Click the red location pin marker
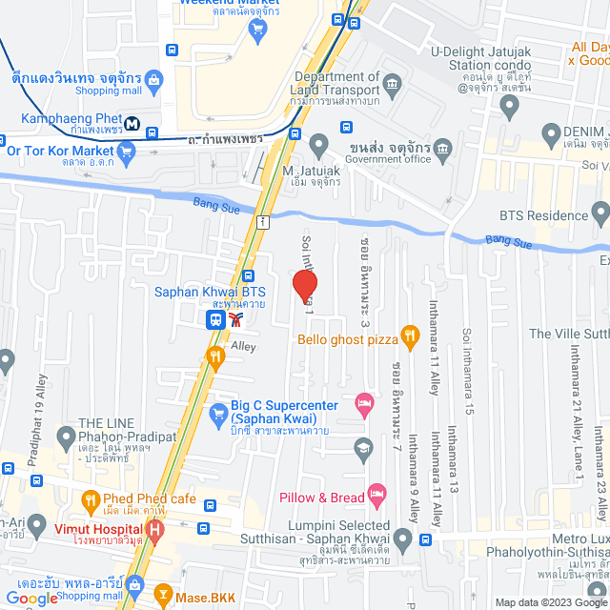point(304,286)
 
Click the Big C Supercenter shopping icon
point(217,415)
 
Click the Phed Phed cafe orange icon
point(91,498)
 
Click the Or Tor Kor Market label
point(59,150)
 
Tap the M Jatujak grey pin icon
point(319,145)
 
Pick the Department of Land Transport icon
point(393,86)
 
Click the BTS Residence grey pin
point(600,212)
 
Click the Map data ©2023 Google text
point(550,602)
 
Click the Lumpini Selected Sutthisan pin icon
point(403,542)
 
